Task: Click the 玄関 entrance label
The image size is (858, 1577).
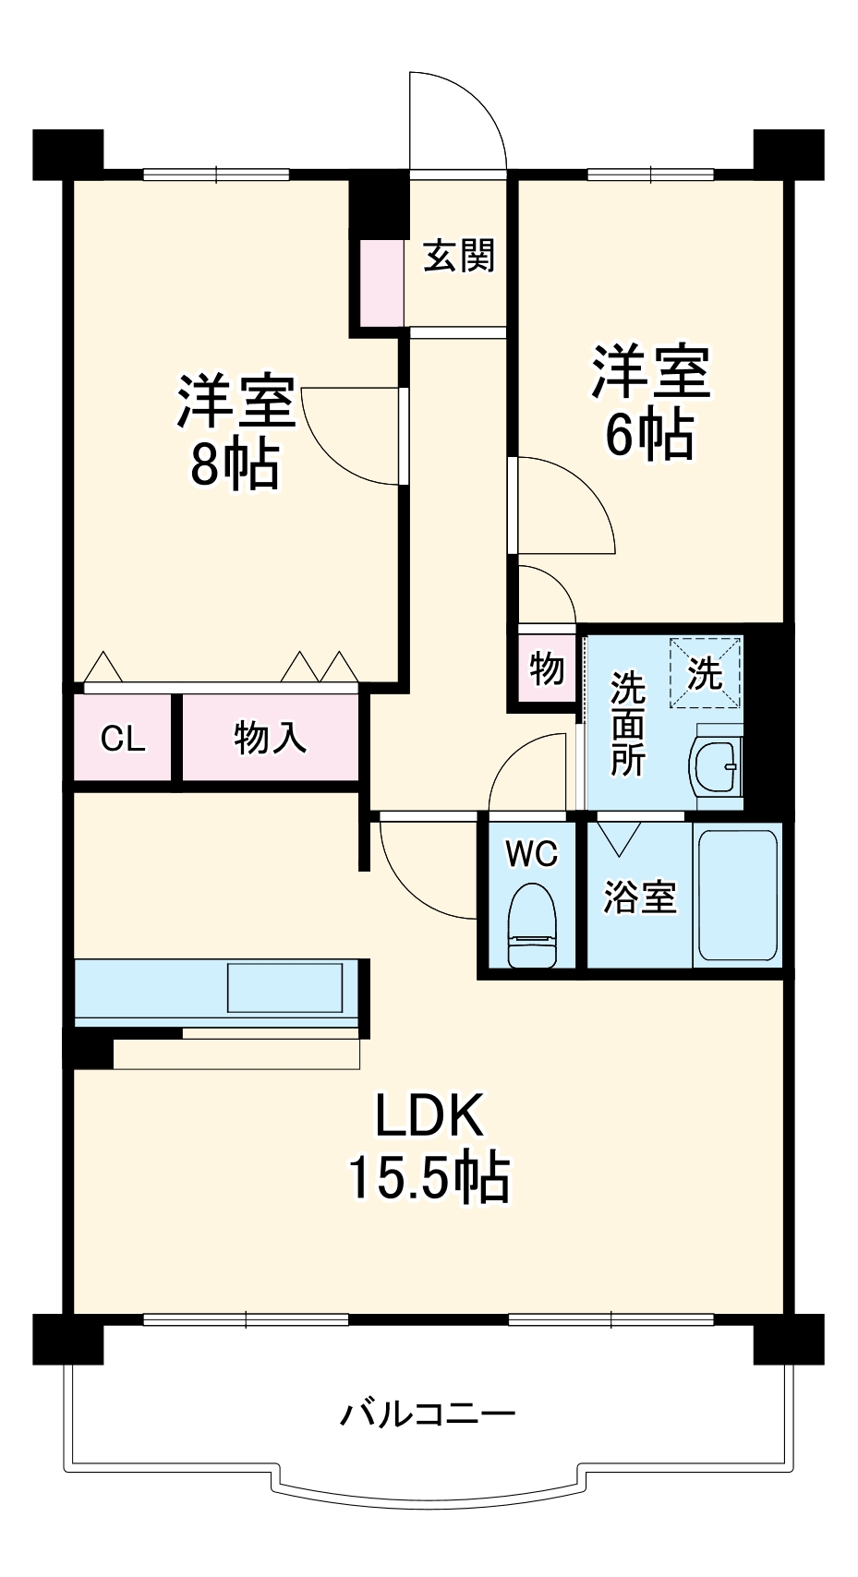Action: (459, 256)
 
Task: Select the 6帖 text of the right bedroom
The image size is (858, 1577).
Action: (649, 434)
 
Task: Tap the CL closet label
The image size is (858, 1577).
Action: (123, 739)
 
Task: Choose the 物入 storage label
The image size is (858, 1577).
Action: (269, 739)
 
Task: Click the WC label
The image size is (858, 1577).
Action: (532, 854)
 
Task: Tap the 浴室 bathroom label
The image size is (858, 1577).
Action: (639, 897)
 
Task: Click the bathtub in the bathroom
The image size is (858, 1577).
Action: (737, 895)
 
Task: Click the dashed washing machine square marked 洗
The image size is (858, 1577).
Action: (706, 673)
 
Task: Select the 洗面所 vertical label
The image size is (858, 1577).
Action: (627, 725)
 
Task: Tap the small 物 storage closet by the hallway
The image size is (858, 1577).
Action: (547, 668)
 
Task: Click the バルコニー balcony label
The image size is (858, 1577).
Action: (428, 1414)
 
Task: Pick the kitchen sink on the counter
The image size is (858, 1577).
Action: (285, 988)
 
